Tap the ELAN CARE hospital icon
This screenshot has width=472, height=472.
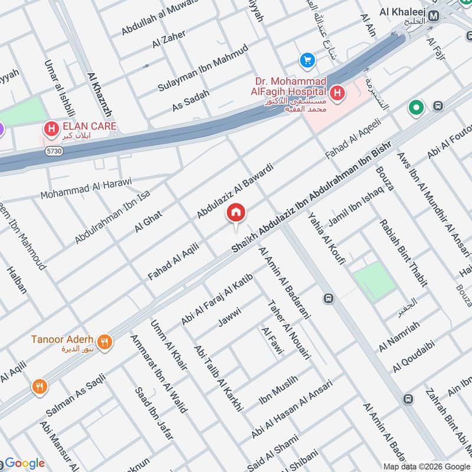pyautogui.click(x=51, y=127)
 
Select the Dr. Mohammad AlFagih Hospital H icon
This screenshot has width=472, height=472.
pyautogui.click(x=337, y=93)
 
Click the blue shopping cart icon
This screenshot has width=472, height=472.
pyautogui.click(x=307, y=60)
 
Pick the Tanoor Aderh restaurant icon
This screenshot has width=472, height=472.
pyautogui.click(x=104, y=342)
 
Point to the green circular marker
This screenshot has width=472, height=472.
pyautogui.click(x=417, y=108)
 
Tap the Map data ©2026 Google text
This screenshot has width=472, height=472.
pyautogui.click(x=425, y=466)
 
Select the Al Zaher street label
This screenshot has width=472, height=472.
pyautogui.click(x=169, y=40)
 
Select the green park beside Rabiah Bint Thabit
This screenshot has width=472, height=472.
pyautogui.click(x=373, y=281)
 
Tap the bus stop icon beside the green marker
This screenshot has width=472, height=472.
pyautogui.click(x=438, y=106)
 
